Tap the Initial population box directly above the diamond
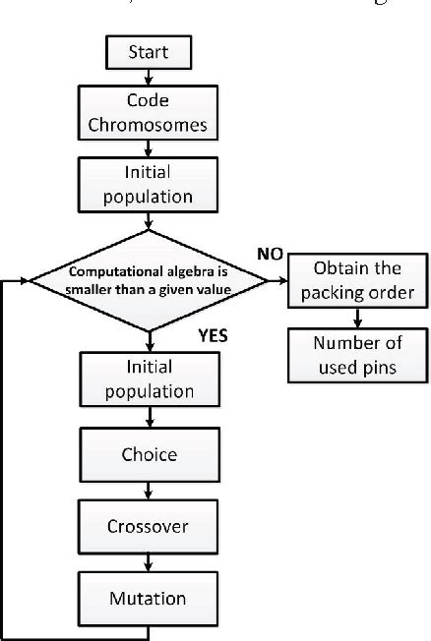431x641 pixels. [148, 183]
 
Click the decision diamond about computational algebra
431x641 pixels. [148, 281]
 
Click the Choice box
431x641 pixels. [148, 455]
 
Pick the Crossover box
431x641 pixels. [148, 526]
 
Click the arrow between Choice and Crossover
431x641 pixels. [148, 491]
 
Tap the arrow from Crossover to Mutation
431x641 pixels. [148, 561]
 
